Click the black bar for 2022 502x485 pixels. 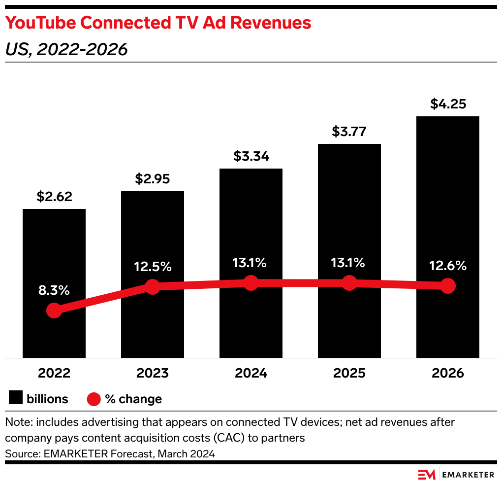[54, 246]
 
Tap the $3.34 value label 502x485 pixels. [251, 157]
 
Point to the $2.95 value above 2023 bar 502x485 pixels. [153, 179]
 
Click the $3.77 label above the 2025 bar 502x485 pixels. [349, 132]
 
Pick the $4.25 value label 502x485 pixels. [448, 104]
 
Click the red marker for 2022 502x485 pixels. [54, 311]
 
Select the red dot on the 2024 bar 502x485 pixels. [251, 283]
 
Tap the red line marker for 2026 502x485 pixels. [447, 285]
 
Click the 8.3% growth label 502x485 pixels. [54, 290]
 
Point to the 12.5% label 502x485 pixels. [153, 267]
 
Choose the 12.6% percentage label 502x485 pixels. [447, 266]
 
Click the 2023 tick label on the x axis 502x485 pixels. [153, 373]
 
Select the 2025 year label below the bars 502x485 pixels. [349, 373]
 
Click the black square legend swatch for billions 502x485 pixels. [16, 398]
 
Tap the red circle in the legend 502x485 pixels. [94, 399]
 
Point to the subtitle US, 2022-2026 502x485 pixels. [66, 49]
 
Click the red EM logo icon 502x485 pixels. [427, 475]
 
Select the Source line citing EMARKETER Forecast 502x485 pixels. [110, 453]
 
